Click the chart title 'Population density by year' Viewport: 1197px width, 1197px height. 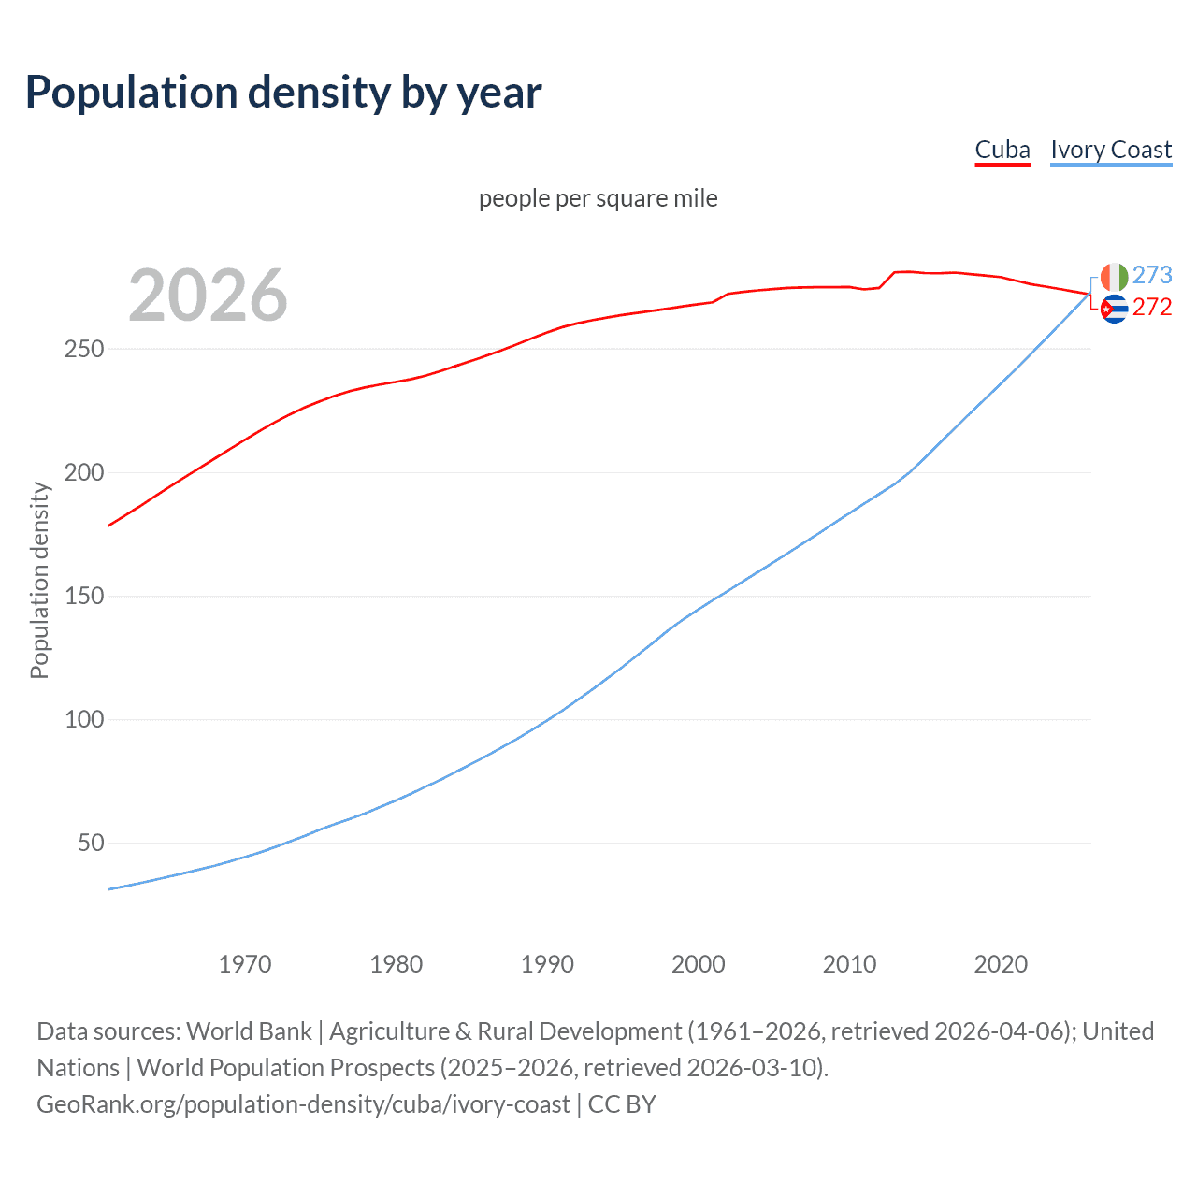(x=283, y=92)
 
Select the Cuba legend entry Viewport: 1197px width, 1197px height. (x=1002, y=150)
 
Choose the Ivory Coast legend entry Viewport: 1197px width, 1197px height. (x=1110, y=150)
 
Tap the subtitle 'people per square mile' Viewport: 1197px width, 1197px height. (x=598, y=198)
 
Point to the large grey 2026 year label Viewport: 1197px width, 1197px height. (x=208, y=296)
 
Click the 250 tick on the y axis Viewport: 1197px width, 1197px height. (x=84, y=349)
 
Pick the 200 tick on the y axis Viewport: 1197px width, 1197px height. (x=84, y=472)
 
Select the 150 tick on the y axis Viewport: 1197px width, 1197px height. (x=84, y=596)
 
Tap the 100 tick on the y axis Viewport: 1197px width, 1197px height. (x=84, y=719)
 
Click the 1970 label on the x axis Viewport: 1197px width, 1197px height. (x=245, y=964)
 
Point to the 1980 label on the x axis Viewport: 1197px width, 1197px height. (x=396, y=964)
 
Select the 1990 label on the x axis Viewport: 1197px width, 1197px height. (x=547, y=964)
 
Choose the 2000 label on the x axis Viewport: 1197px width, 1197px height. (x=699, y=964)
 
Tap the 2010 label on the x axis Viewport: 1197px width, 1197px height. (x=849, y=964)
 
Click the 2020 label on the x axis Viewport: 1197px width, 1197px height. (x=1001, y=964)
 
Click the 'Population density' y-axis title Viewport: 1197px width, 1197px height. (x=39, y=580)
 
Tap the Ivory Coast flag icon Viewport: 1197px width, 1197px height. (x=1114, y=277)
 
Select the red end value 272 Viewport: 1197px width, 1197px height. (x=1152, y=308)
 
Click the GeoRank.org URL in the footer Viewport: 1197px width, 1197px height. (x=303, y=1104)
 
